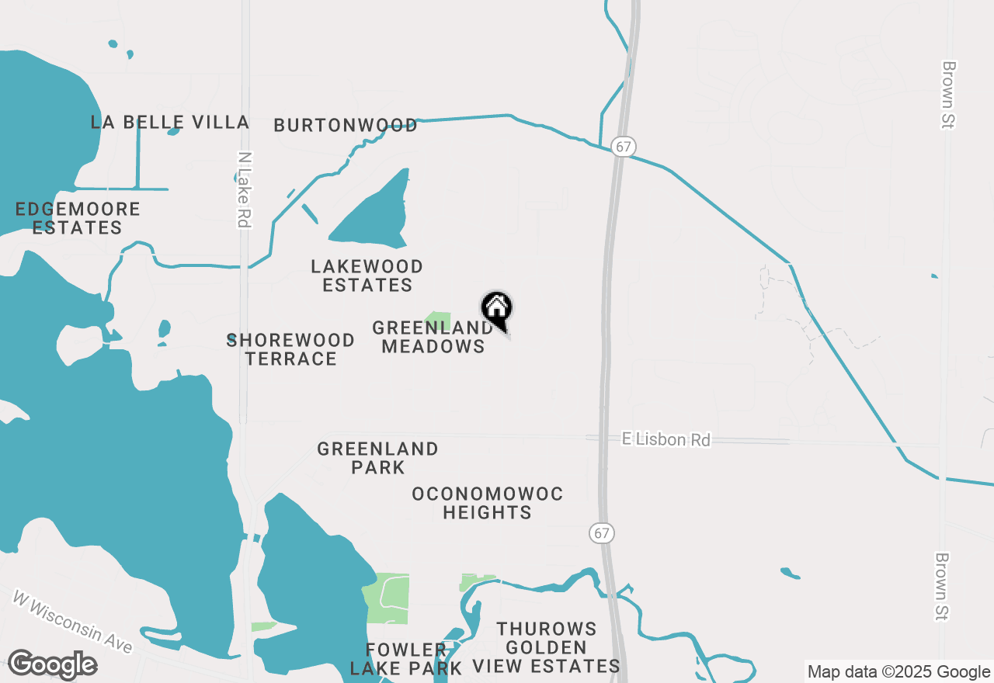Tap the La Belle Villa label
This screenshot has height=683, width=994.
[169, 122]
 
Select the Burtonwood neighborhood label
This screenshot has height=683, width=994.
[346, 125]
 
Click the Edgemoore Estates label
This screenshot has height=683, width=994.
[78, 218]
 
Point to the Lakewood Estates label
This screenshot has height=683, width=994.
[367, 276]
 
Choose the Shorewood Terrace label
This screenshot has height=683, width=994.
[291, 349]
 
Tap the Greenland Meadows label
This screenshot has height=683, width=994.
[433, 337]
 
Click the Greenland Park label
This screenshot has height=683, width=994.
[377, 458]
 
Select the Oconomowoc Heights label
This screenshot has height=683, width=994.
[488, 503]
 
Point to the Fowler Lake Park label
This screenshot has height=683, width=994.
[406, 658]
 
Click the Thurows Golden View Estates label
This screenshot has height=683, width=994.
[547, 647]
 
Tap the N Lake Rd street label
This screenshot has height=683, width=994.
[245, 189]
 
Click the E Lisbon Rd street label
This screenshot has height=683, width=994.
[666, 439]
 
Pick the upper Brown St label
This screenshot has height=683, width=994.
[947, 94]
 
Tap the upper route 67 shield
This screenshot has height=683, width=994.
[623, 146]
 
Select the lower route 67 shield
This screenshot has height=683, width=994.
[600, 532]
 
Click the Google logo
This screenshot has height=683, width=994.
[52, 664]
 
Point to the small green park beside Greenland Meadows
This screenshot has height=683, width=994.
[439, 320]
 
